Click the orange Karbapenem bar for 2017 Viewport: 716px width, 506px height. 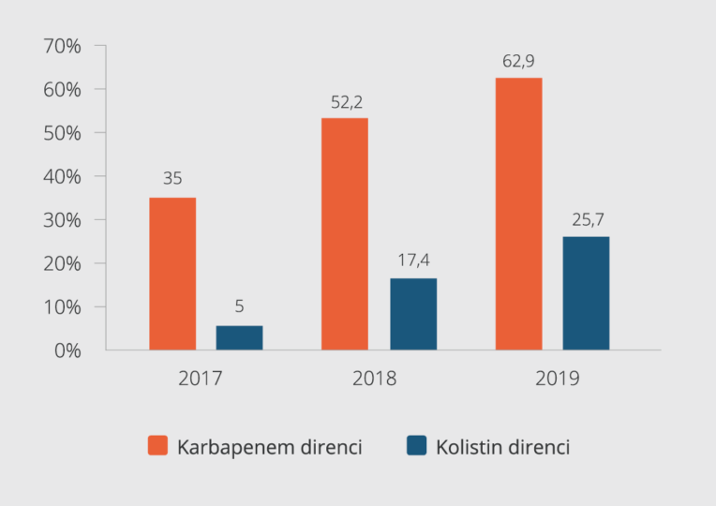pos(172,274)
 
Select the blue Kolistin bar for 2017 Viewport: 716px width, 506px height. pos(239,337)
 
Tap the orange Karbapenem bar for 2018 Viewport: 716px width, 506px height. pos(344,233)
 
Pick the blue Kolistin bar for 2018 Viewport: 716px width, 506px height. pos(413,314)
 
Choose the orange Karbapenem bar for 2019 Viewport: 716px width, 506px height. pos(518,214)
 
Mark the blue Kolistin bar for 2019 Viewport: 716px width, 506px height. pos(586,293)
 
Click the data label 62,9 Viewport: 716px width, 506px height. pos(518,63)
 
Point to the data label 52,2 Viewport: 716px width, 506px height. pos(344,103)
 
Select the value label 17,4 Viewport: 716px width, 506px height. pos(413,260)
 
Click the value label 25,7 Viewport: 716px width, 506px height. pos(586,220)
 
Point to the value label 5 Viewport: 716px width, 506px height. pos(239,306)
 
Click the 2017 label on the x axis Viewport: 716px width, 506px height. pos(201,379)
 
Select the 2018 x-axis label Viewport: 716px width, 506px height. pos(375,379)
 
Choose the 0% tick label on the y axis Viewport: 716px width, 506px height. pos(67,350)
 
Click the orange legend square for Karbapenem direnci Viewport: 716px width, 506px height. pos(157,446)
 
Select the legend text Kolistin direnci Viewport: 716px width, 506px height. pos(502,447)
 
